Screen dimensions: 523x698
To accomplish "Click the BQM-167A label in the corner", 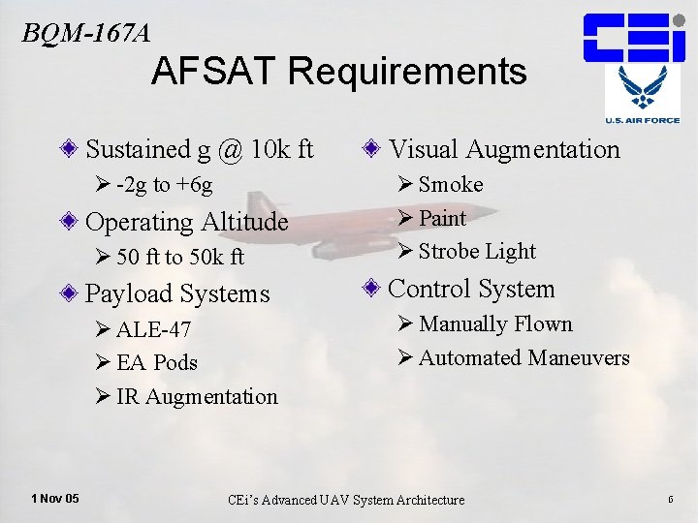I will click(86, 33).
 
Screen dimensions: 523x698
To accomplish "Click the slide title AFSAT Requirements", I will click(339, 72).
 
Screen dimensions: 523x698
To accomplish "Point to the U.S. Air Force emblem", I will click(642, 97).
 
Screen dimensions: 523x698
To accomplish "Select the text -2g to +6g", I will click(164, 185).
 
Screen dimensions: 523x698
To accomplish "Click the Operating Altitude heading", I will click(187, 222).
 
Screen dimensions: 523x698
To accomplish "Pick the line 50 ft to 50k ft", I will click(179, 258).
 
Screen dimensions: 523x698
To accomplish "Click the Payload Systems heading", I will click(177, 293).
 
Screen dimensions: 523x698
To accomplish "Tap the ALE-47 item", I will click(153, 329).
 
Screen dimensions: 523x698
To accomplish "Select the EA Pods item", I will click(156, 363).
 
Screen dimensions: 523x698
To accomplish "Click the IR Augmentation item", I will click(197, 396).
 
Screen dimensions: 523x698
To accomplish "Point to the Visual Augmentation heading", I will click(503, 149).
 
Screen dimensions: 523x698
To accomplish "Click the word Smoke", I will click(450, 184).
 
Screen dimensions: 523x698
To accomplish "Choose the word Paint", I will click(442, 218).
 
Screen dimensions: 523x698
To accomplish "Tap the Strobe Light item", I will click(476, 252).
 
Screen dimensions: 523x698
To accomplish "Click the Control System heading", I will click(471, 290).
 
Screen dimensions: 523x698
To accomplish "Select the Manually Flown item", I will click(495, 324).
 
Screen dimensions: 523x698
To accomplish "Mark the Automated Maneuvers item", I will click(523, 358).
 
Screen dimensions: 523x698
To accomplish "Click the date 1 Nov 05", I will click(55, 498).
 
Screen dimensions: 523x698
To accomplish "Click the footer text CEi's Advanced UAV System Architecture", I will click(346, 500).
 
